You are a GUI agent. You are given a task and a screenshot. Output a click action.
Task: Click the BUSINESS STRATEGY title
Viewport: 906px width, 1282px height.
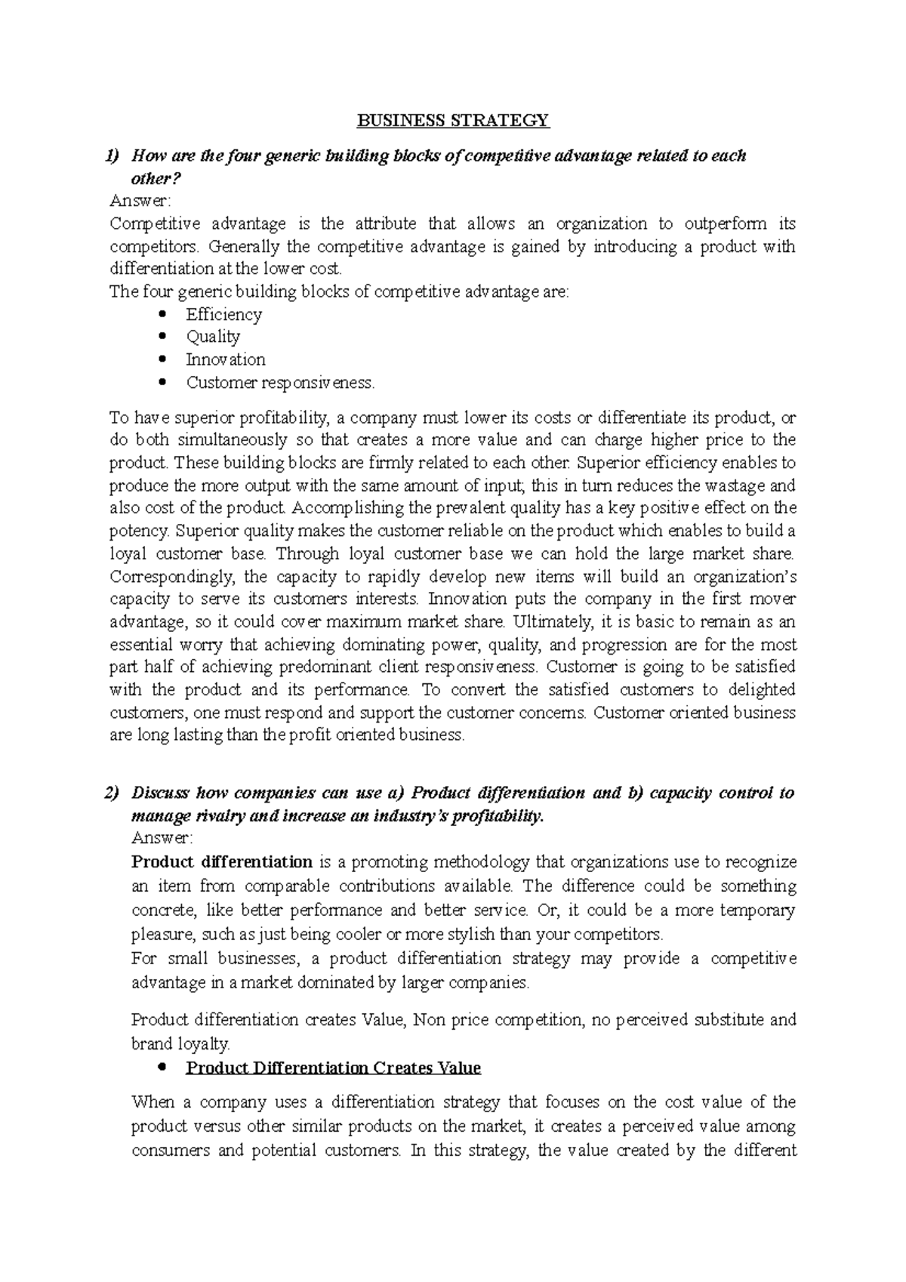click(453, 120)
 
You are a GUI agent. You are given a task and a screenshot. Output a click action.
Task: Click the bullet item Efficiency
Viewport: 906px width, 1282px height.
click(223, 315)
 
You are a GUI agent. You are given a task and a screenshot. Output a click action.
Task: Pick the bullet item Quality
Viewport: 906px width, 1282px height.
click(213, 337)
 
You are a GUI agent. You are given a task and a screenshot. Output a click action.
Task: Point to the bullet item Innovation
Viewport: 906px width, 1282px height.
click(226, 359)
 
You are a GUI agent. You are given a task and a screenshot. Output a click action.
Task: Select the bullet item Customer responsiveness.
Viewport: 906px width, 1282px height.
click(280, 383)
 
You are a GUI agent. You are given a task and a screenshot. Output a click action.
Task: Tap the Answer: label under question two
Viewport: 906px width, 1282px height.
click(162, 838)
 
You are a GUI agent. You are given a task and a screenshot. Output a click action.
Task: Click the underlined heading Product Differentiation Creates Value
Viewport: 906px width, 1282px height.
click(333, 1068)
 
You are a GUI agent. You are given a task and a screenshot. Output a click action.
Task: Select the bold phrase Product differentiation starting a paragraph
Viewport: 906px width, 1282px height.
click(222, 862)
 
